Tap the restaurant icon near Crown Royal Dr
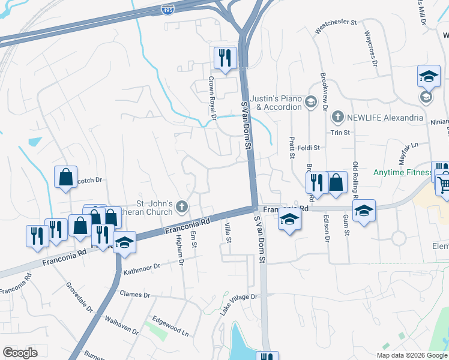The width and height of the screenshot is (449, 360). [225, 58]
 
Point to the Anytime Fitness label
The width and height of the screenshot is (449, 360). [402, 173]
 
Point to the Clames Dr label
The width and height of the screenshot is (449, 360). [134, 295]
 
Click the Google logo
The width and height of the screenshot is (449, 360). [20, 352]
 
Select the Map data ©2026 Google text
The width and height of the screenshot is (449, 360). [412, 355]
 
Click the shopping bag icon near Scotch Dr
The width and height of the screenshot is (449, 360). [65, 177]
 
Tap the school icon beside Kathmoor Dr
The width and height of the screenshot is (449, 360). [124, 242]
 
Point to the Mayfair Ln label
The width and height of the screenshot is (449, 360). [408, 153]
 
